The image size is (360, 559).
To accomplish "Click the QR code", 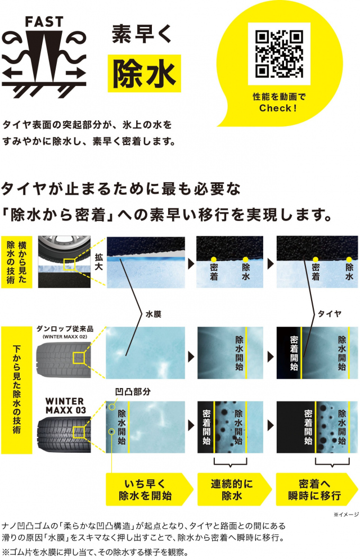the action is [x=279, y=54].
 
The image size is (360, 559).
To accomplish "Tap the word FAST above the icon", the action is [x=44, y=22].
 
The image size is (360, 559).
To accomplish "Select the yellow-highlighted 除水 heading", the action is [x=145, y=74].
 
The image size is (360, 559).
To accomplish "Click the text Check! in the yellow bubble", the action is [x=278, y=108].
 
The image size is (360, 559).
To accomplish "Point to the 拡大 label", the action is [x=99, y=262].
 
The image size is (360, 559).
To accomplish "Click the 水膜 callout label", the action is [x=154, y=314].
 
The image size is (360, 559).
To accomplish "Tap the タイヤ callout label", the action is [x=330, y=314].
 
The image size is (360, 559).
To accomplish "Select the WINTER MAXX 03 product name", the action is [x=66, y=405].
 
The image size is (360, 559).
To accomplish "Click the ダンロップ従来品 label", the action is [x=65, y=328].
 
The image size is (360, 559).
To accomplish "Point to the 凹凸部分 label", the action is [x=133, y=392].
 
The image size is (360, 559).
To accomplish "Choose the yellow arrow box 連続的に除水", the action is [x=234, y=489].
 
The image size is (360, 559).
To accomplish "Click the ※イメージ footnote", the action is [x=346, y=515].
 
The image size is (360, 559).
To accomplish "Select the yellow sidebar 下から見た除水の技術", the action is [x=17, y=390].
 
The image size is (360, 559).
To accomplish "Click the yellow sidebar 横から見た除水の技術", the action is [x=17, y=262].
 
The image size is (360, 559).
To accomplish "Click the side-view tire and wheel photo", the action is [x=64, y=262].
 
